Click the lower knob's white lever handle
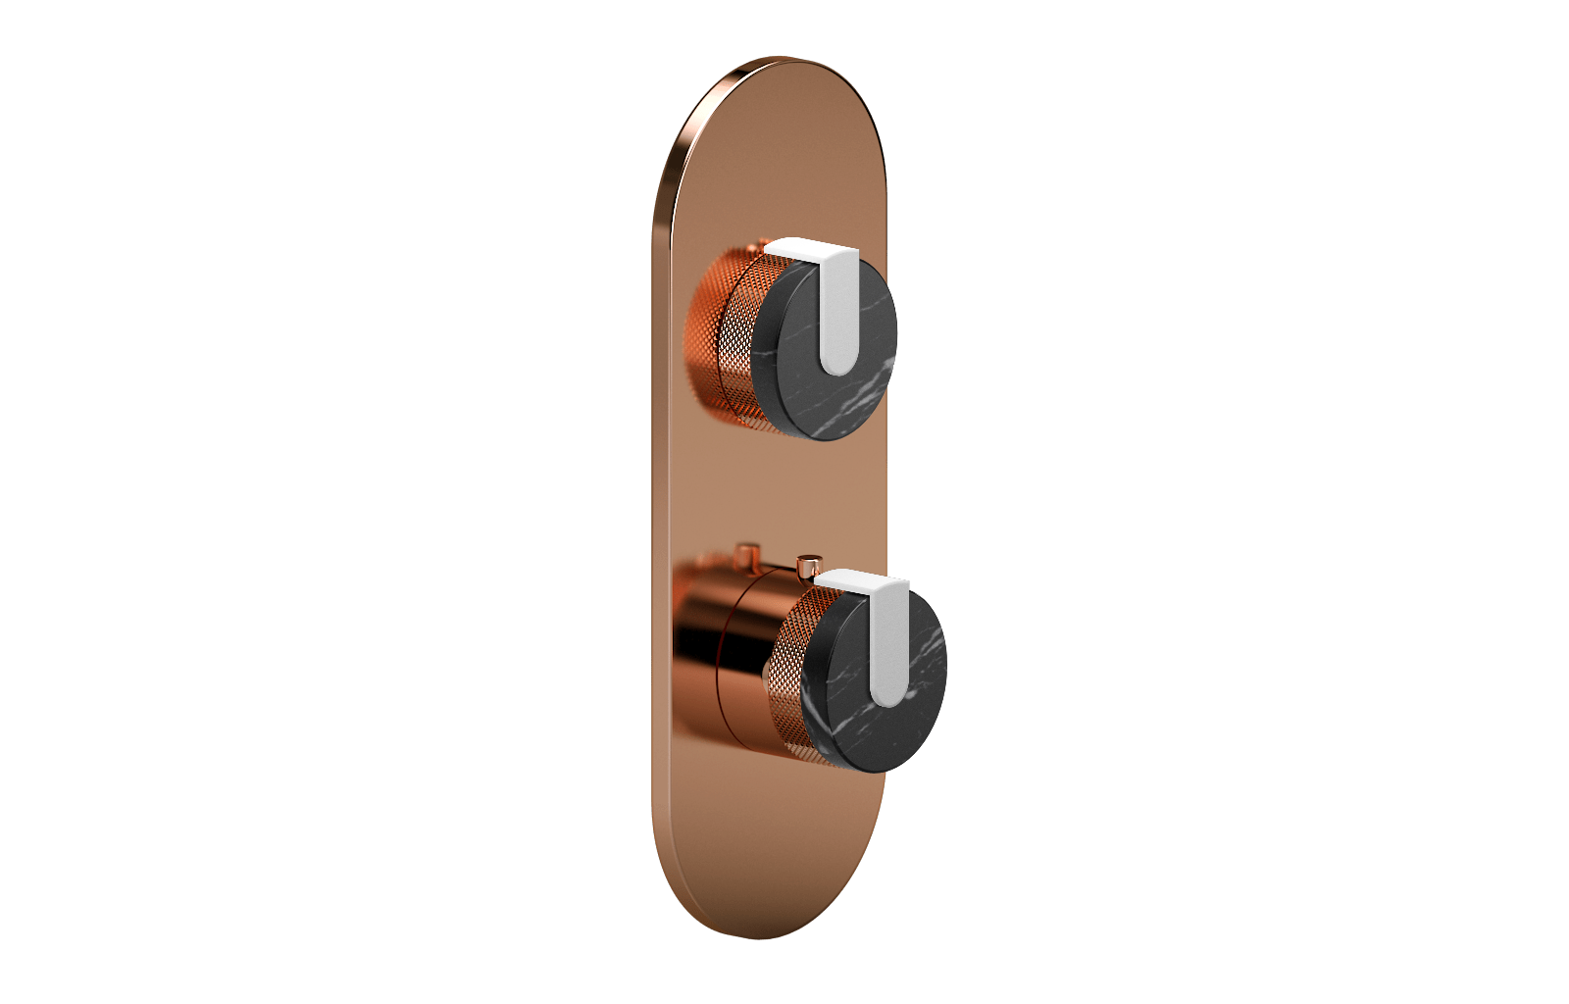click(x=888, y=647)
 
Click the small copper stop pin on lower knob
click(x=809, y=567)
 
